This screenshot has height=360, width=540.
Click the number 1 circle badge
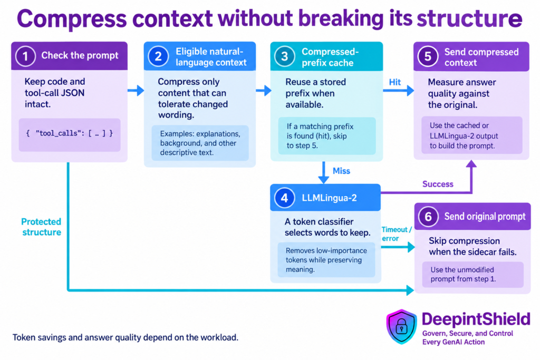[x=25, y=56]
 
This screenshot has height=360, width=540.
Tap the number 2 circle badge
[x=158, y=56]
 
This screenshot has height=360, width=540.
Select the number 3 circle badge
[x=284, y=56]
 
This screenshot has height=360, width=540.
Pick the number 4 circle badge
[x=284, y=198]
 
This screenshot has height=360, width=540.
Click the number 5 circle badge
[x=428, y=56]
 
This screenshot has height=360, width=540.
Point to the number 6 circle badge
[x=428, y=217]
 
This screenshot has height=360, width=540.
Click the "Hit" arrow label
[x=394, y=82]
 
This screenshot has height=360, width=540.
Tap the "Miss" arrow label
[x=341, y=171]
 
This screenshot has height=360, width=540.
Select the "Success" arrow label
[x=438, y=184]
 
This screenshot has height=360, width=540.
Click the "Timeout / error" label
[x=397, y=234]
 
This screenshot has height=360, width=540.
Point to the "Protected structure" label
[x=41, y=227]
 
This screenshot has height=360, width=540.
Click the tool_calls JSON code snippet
[x=70, y=133]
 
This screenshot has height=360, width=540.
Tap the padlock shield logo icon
[x=401, y=326]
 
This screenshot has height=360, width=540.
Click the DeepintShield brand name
[x=476, y=319]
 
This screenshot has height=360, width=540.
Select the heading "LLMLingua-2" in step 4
[x=329, y=198]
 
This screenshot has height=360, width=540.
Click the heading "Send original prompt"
[x=485, y=217]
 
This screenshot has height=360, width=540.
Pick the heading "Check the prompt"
[x=80, y=55]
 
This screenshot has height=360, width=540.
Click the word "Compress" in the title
[x=72, y=19]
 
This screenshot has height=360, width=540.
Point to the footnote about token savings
[x=126, y=337]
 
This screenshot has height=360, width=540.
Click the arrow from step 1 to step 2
[x=136, y=91]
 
